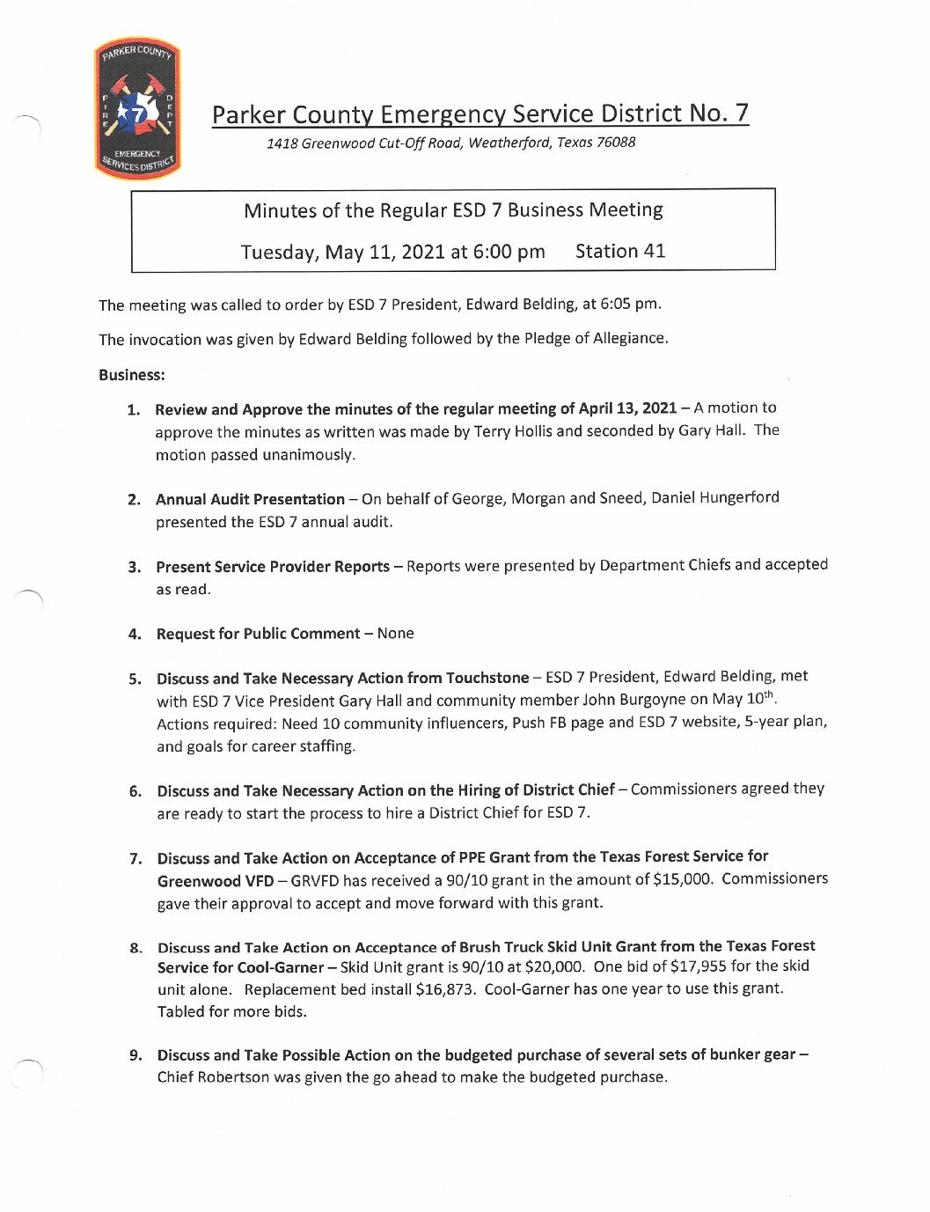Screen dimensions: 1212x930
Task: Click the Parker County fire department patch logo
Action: coord(137,109)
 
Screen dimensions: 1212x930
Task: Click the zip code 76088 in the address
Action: coord(616,143)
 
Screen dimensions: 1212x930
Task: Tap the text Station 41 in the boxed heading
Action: coord(619,252)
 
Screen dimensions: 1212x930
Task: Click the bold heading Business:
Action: coord(132,375)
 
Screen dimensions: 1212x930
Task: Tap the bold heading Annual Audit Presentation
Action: coord(250,500)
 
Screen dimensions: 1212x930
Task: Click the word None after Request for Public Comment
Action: coord(396,634)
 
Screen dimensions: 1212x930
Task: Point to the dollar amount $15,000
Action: coord(683,879)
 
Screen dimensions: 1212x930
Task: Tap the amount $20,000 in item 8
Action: coord(554,966)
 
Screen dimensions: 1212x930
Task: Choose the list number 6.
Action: coord(135,791)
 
